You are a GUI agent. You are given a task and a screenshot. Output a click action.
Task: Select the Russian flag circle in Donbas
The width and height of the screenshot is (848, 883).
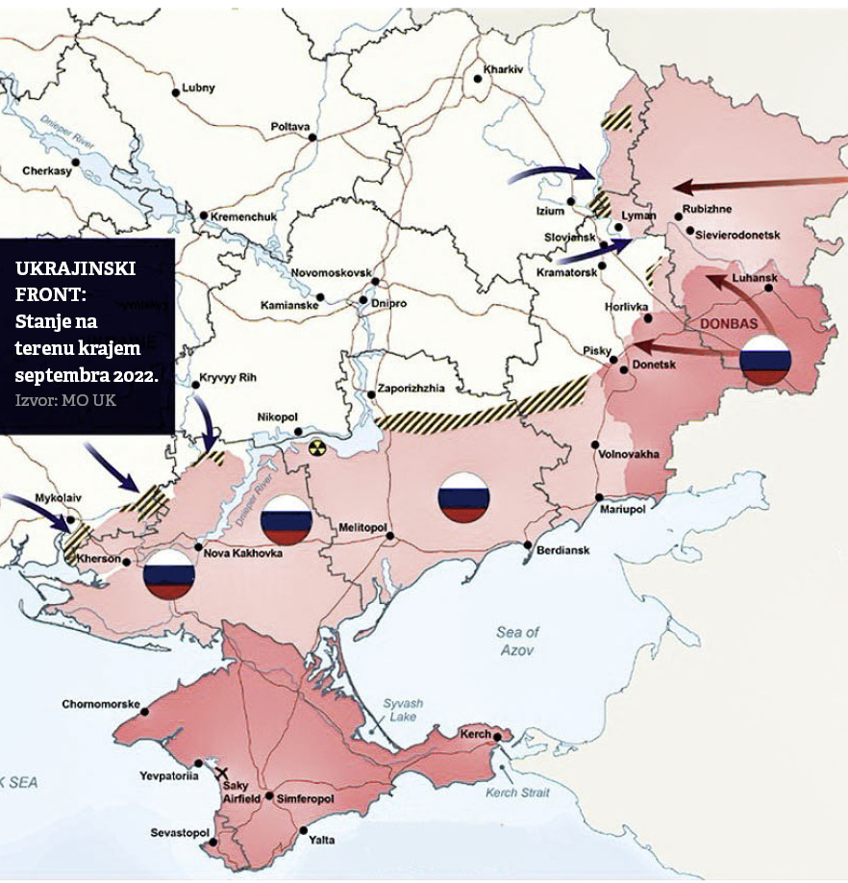(765, 360)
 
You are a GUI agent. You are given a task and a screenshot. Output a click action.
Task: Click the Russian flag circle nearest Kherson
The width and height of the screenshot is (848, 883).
(169, 575)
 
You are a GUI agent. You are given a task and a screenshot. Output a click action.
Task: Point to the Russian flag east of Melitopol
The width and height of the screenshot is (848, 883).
(463, 498)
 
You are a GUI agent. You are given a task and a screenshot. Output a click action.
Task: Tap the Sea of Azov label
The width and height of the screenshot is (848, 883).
(517, 641)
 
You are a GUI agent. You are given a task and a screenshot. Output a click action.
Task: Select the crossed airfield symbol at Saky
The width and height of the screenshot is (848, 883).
(223, 772)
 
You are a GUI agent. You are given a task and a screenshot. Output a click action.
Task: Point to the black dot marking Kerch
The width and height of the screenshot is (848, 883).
(496, 737)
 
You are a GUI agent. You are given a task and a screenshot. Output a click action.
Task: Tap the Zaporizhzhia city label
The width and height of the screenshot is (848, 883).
(412, 387)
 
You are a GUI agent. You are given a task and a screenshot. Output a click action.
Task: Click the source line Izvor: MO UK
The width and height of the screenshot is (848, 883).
(65, 399)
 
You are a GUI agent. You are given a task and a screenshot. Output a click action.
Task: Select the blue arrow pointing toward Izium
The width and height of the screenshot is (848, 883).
(553, 173)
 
